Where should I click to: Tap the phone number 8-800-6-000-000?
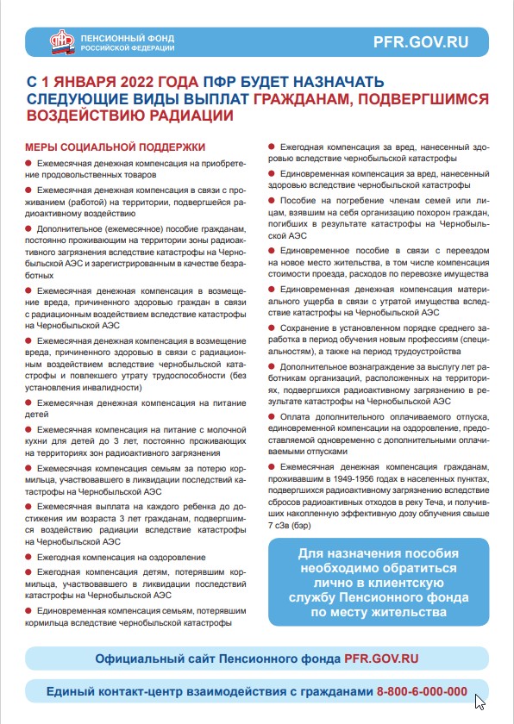(422, 692)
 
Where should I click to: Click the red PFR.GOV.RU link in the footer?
(381, 658)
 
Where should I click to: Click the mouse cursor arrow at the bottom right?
(480, 702)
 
